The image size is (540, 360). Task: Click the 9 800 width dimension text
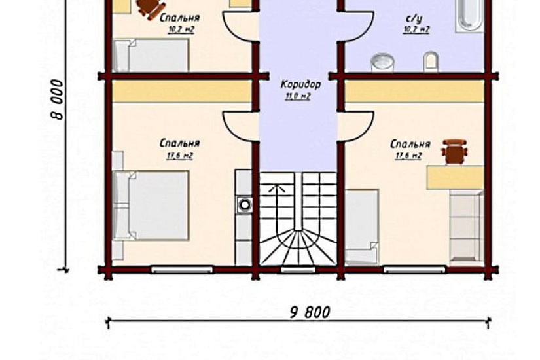point(310,312)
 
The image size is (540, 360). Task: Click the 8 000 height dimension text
point(58,99)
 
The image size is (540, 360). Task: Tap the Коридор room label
point(300,84)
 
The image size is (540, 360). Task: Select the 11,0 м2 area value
point(298,96)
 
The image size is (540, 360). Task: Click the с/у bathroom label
point(414,18)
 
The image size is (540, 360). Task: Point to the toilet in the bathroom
point(431,62)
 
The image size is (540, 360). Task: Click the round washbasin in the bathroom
point(382,63)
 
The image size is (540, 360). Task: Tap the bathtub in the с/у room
point(469,16)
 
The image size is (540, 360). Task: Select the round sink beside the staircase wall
point(245,205)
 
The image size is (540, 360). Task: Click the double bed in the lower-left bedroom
point(151,205)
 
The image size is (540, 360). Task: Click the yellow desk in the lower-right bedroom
point(456,177)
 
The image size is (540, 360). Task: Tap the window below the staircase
point(298,270)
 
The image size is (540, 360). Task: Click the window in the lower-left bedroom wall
point(182,270)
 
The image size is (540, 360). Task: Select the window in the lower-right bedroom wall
point(415,270)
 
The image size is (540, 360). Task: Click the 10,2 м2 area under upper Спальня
point(181,29)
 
